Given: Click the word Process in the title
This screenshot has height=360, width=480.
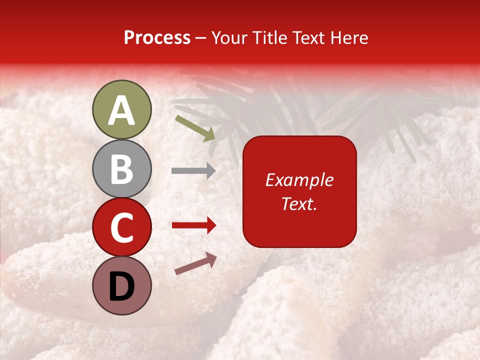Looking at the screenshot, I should pos(157,38).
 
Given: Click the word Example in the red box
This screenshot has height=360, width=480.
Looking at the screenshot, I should pos(299,180).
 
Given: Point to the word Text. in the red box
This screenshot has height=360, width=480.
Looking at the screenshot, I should pos(299,203).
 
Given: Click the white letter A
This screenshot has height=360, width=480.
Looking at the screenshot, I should pos(121,110).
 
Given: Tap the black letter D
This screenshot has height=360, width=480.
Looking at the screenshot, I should pos(121,287).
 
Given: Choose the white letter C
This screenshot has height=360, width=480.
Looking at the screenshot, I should pos(121,228).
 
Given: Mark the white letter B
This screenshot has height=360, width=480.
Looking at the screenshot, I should pos(121,168).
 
